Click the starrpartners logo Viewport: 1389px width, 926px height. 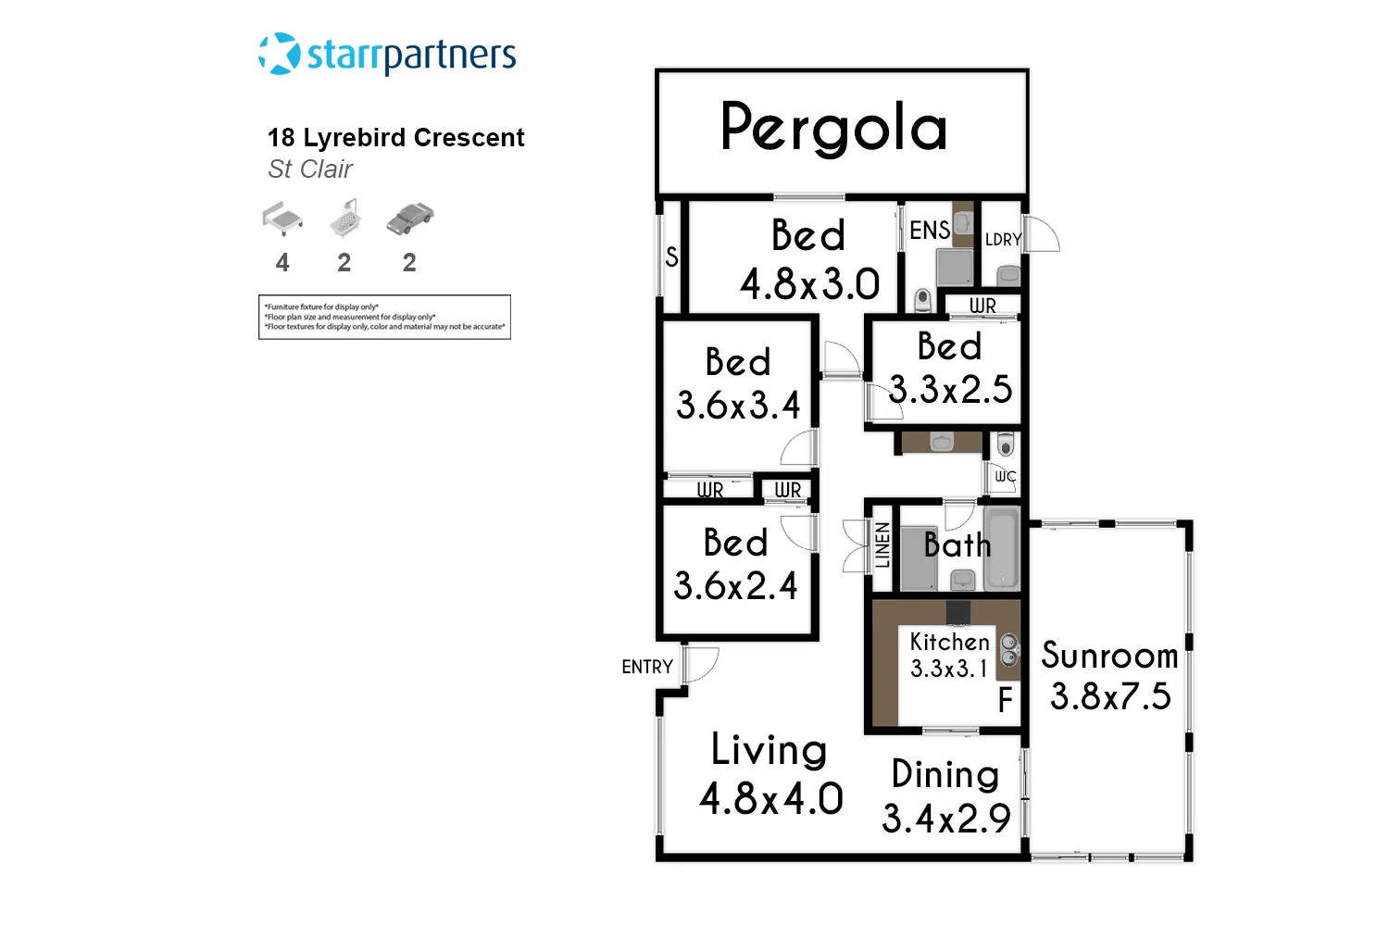coord(387,55)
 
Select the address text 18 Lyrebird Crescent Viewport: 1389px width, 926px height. coord(395,138)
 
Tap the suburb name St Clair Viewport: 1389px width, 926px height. coord(310,169)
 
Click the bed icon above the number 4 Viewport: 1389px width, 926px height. coord(282,219)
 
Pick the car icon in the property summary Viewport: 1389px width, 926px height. coord(409,219)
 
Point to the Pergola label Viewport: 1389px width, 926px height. coord(833,128)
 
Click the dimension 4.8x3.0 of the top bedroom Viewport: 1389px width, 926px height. coord(809,284)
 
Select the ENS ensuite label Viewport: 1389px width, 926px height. coord(929,231)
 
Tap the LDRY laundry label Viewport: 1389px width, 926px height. coord(1003,240)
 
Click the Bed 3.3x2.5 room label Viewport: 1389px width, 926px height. coord(950,368)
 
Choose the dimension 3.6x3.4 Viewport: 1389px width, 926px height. coord(738,406)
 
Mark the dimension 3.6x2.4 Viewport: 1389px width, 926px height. coord(735,586)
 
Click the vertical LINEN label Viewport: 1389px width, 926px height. coord(882,545)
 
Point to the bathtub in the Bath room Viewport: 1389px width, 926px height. coord(1001,548)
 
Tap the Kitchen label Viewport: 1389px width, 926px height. coord(949,642)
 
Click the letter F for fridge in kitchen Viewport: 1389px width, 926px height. coord(1005,701)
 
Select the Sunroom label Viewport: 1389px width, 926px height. coord(1109,656)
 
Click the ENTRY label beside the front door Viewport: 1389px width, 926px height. coord(647,667)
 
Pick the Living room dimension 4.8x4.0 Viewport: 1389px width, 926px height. coord(770,799)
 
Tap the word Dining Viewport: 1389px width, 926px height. coord(945,775)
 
